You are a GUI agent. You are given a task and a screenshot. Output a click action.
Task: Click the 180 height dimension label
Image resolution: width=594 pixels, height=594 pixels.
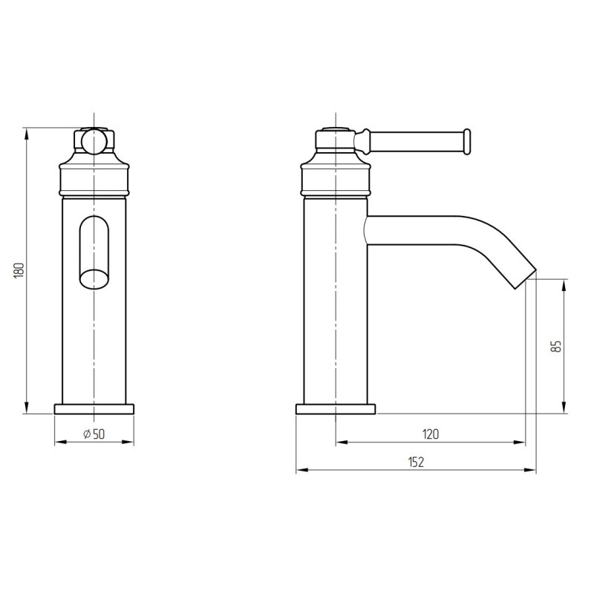tap(19, 270)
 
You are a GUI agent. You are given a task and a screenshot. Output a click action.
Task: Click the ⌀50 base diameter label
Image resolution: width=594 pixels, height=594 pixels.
tap(94, 434)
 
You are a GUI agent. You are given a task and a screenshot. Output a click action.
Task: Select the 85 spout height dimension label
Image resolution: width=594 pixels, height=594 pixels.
tap(555, 346)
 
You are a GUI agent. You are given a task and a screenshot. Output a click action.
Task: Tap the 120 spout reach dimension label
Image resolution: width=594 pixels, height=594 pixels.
tap(431, 434)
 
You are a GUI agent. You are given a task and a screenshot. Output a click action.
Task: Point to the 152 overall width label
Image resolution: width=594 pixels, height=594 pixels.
tap(416, 462)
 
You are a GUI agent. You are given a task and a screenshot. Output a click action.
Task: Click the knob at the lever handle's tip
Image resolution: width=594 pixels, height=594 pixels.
tap(467, 141)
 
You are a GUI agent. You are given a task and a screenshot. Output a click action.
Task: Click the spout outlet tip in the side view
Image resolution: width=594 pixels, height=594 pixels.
tap(526, 280)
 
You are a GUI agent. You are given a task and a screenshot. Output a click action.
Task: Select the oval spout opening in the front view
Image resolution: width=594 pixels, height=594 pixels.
tap(94, 252)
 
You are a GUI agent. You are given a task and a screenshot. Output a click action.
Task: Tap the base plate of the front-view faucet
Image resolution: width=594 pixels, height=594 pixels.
tap(94, 409)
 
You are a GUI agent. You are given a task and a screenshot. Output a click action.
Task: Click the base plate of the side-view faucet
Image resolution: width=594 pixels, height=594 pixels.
tap(336, 409)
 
